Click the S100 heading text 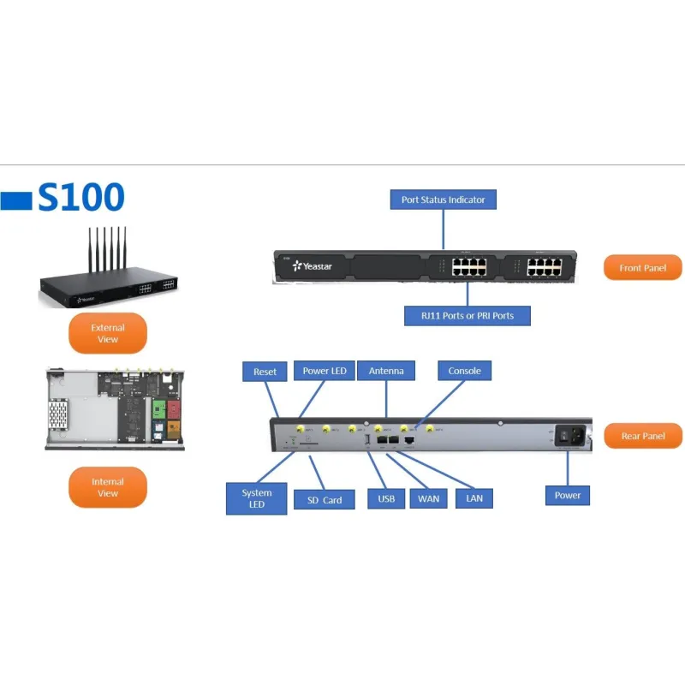point(81,197)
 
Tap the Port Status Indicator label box point(444,200)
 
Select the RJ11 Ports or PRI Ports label point(468,316)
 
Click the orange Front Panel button point(643,268)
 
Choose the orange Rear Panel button point(643,436)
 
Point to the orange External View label point(108,333)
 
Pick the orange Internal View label point(108,487)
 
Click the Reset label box point(265,372)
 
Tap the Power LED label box point(325,371)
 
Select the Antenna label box point(386,371)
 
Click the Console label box point(465,371)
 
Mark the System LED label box point(257,498)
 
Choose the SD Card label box point(324,500)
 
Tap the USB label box point(386,497)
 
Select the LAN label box point(474,497)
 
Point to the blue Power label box point(568,495)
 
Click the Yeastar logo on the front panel point(312,266)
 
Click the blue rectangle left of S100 point(16,200)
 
